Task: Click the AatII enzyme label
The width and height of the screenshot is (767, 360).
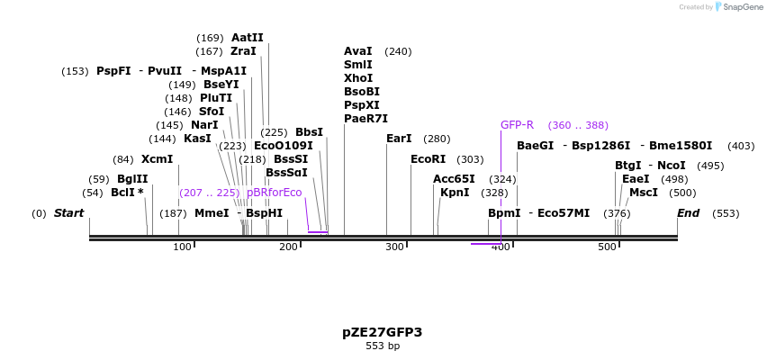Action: [248, 38]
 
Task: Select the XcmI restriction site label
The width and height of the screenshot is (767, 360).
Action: [157, 159]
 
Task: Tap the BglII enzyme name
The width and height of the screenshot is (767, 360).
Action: [132, 179]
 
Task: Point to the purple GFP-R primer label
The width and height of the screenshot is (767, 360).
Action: [517, 125]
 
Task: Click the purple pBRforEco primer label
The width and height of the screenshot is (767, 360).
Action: [275, 193]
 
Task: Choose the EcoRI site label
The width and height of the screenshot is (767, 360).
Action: [428, 159]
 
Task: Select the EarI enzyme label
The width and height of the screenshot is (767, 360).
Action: [399, 139]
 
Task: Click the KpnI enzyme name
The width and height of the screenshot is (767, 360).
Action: [455, 193]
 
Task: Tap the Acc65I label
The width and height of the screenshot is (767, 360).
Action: [454, 179]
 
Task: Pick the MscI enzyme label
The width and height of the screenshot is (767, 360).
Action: [644, 193]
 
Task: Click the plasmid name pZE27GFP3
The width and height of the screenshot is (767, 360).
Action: [382, 332]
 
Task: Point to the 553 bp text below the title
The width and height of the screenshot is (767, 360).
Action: [383, 346]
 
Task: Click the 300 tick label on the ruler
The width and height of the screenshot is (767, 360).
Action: [394, 247]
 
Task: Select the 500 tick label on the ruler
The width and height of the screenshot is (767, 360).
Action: [607, 247]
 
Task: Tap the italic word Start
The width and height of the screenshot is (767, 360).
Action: [68, 213]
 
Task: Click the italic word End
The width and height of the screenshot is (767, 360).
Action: [688, 213]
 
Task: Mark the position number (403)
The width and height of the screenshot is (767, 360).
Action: [741, 146]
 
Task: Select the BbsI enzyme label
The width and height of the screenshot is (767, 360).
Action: [309, 132]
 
